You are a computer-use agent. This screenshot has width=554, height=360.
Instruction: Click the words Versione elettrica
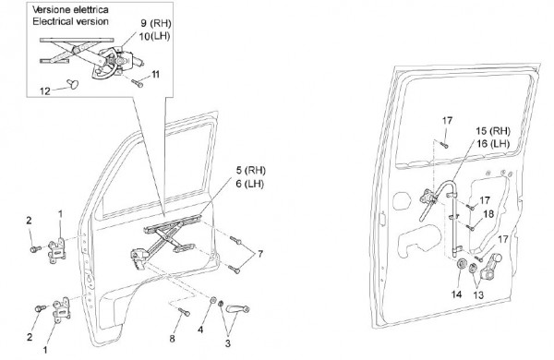click(70, 9)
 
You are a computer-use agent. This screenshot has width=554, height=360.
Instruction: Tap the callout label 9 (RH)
click(156, 23)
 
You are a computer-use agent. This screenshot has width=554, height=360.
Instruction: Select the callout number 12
click(45, 91)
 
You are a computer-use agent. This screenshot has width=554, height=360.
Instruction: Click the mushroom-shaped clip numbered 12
click(73, 84)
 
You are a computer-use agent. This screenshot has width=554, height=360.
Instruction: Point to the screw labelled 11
click(138, 83)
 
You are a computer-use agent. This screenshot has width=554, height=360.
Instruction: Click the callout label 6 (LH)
click(250, 184)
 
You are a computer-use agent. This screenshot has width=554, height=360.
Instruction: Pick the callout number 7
click(260, 254)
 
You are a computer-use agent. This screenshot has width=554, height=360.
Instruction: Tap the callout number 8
click(172, 339)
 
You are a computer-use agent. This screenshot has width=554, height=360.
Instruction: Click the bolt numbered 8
click(184, 312)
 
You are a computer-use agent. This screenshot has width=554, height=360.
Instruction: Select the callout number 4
click(200, 330)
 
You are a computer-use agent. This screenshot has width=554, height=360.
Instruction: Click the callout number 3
click(228, 343)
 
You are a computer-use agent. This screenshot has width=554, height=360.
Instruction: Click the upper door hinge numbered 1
click(57, 250)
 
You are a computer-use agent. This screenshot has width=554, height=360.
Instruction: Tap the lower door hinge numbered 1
click(62, 309)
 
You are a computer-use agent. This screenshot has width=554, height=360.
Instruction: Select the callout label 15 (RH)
click(493, 131)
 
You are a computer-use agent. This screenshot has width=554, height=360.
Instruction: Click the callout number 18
click(488, 214)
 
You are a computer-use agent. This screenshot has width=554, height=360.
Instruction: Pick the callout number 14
click(456, 294)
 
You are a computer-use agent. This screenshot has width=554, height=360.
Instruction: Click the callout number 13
click(478, 295)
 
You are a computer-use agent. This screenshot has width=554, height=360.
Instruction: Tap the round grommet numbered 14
click(461, 264)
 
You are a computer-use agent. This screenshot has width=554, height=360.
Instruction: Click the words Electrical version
click(70, 21)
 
